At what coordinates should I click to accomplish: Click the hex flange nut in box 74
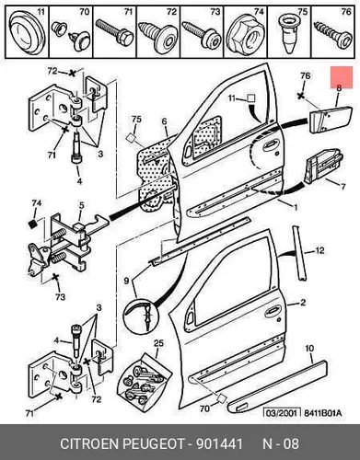[243, 37]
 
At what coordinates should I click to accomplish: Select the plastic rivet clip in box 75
[288, 34]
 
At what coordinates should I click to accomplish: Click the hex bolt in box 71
[115, 33]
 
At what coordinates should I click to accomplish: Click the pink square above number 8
[342, 77]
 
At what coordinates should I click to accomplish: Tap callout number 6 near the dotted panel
[165, 122]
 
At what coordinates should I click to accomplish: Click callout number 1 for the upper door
[296, 208]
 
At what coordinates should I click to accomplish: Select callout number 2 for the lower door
[303, 303]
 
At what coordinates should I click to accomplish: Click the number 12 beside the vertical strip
[319, 251]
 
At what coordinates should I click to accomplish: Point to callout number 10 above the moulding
[310, 349]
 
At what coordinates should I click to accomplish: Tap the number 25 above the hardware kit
[159, 343]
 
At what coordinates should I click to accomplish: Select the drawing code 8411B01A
[322, 413]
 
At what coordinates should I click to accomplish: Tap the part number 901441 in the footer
[219, 443]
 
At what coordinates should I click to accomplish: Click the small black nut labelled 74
[32, 224]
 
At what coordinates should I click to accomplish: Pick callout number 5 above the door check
[81, 205]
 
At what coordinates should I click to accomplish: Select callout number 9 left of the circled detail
[126, 281]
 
